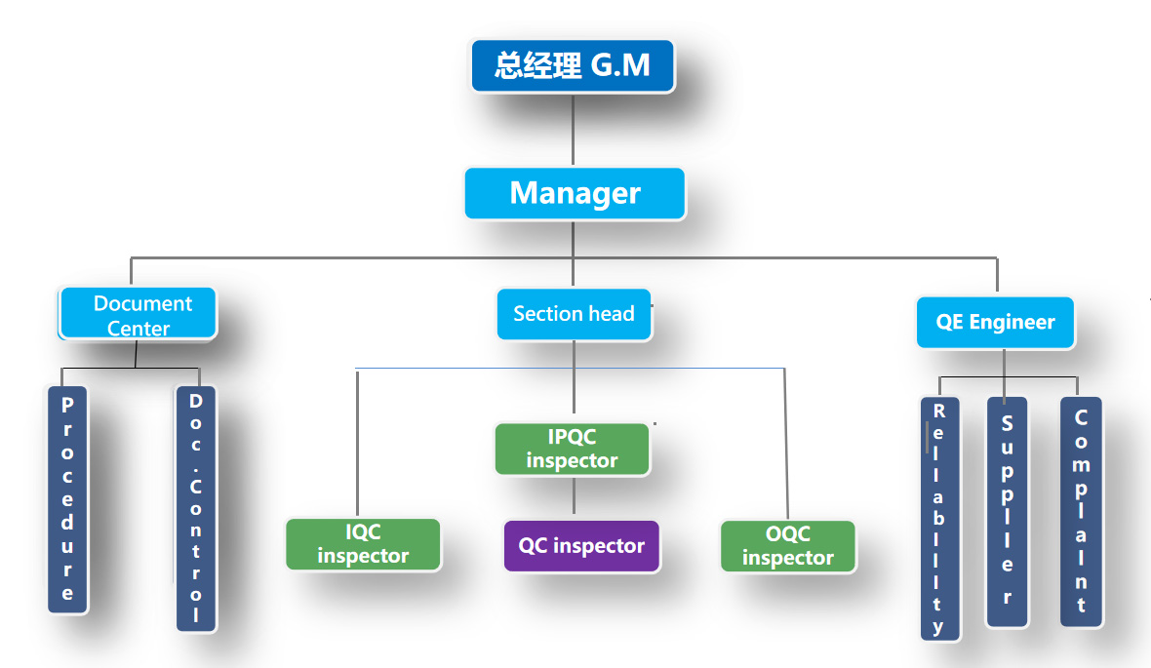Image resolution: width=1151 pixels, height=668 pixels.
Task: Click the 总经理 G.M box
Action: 573,66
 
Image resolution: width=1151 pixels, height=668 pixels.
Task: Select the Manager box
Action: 575,193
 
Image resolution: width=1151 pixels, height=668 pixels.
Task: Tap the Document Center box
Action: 139,314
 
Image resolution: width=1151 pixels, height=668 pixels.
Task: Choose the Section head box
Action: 574,314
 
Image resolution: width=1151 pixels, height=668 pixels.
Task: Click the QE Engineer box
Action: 995,323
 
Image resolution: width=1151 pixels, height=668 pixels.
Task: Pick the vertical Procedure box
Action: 67,499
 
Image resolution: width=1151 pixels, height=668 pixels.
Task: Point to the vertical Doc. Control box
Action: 196,508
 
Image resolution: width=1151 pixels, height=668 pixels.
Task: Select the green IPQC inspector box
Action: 572,449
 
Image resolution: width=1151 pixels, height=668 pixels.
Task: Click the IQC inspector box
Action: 363,544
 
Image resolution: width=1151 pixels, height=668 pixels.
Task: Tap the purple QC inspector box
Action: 581,546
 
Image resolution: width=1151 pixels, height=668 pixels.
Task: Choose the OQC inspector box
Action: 787,546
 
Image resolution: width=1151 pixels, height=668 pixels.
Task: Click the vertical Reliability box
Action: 939,518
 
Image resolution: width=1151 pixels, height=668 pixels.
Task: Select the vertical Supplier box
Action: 1007,512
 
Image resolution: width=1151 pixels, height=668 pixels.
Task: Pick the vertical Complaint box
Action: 1081,511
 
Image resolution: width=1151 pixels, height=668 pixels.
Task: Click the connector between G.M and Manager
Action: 573,130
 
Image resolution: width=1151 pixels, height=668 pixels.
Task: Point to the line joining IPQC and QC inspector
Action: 574,497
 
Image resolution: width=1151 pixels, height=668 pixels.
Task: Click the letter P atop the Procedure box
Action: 67,404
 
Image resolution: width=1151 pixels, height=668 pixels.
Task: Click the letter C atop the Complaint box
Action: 1081,417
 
